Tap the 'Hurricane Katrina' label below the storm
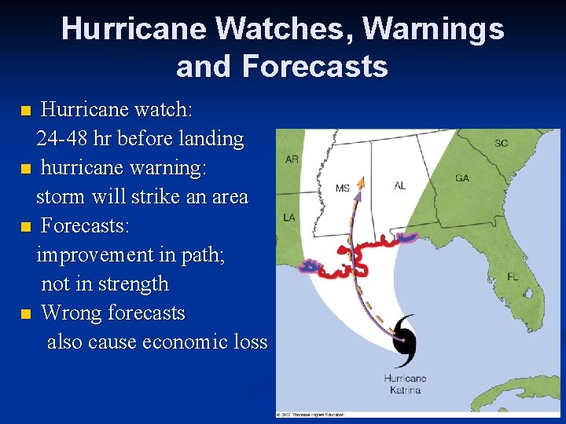click(x=405, y=384)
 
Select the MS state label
click(x=343, y=188)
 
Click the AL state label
click(x=400, y=185)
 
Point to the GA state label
click(x=462, y=178)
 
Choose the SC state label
click(x=501, y=143)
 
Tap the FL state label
click(x=513, y=277)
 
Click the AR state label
click(x=292, y=159)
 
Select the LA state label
click(x=289, y=217)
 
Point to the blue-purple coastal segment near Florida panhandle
click(x=409, y=235)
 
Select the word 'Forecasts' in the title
click(x=314, y=66)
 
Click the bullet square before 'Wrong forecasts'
click(x=26, y=314)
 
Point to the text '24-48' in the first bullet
click(x=62, y=139)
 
